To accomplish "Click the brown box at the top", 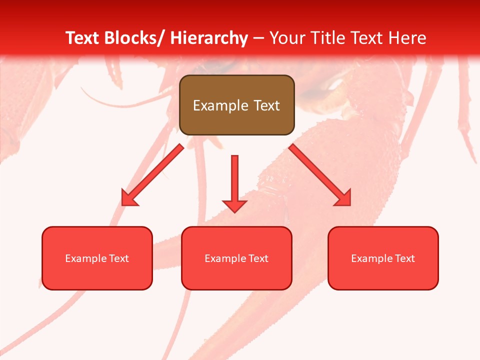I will coord(236,105).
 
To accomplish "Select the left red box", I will coord(97,258).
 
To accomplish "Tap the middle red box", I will coord(236,258).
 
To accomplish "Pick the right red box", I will coord(383,258).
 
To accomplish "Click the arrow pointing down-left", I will coord(152,175).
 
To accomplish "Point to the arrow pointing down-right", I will coord(320,175).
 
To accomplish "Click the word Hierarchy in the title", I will coord(209,38).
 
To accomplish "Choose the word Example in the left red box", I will coord(86,258).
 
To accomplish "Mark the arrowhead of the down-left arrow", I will coord(129,198).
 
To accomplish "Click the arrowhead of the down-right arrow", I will coord(343,198).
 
